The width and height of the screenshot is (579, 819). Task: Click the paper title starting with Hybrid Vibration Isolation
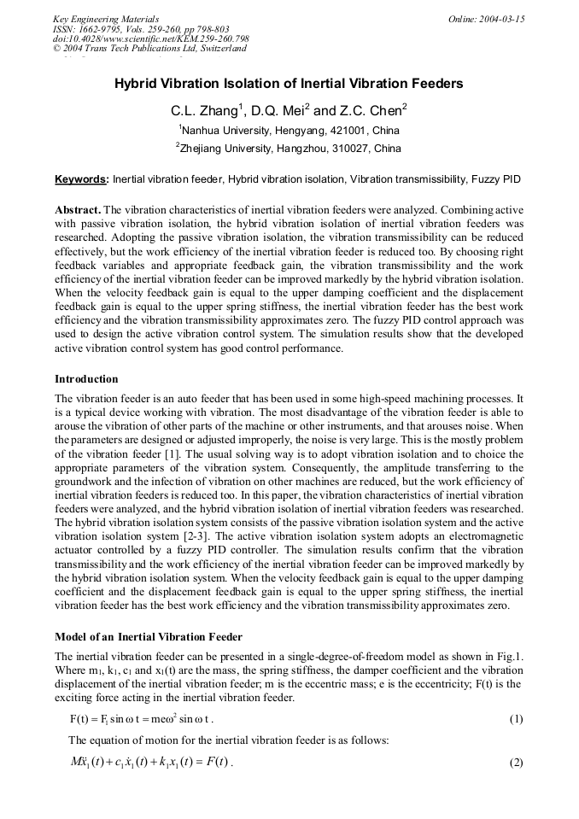[x=289, y=84]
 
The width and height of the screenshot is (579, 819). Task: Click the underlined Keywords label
[x=81, y=180]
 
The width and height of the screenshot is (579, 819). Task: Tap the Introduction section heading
[x=86, y=378]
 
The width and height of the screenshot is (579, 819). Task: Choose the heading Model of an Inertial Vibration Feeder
[x=149, y=637]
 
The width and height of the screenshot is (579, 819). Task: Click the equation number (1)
[x=516, y=719]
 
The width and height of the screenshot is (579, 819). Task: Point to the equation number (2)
[x=516, y=762]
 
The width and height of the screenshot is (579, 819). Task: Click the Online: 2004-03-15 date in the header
[x=487, y=19]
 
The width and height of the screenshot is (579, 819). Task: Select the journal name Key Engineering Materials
[x=106, y=19]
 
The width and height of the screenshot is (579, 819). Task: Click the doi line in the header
[x=150, y=39]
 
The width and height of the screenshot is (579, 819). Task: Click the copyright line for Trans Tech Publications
[x=149, y=49]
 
